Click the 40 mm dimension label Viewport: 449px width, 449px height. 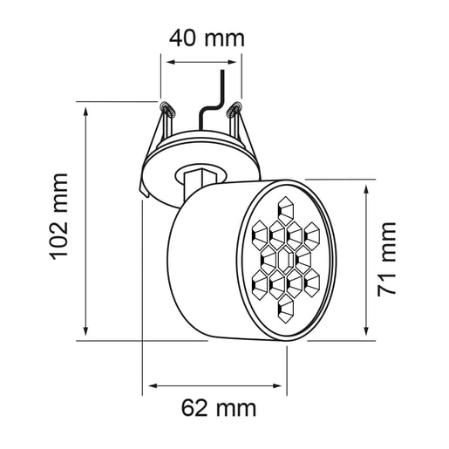[206, 38]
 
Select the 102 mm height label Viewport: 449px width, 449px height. [58, 215]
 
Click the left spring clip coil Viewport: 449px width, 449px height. [166, 109]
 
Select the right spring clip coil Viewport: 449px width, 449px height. [233, 110]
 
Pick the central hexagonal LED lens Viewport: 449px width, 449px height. [285, 258]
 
